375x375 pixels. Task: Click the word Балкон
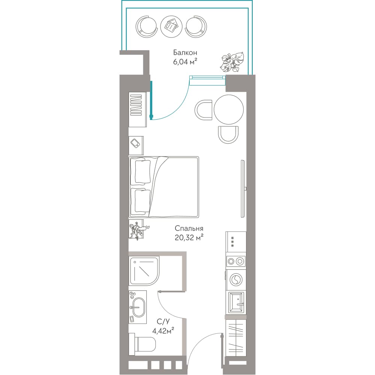(x=185, y=52)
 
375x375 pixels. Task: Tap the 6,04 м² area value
(x=185, y=62)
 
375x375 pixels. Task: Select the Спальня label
(x=189, y=229)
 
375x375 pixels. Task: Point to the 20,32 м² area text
(x=189, y=238)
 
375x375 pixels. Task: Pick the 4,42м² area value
(x=163, y=331)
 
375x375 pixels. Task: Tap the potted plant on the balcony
(x=232, y=62)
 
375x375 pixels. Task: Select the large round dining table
(x=229, y=109)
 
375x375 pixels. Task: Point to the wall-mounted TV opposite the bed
(x=243, y=189)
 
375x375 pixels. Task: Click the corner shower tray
(x=144, y=271)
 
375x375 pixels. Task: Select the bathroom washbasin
(x=138, y=307)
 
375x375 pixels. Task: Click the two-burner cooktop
(x=235, y=261)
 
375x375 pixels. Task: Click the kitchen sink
(x=236, y=303)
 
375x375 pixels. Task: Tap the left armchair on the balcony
(x=146, y=26)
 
